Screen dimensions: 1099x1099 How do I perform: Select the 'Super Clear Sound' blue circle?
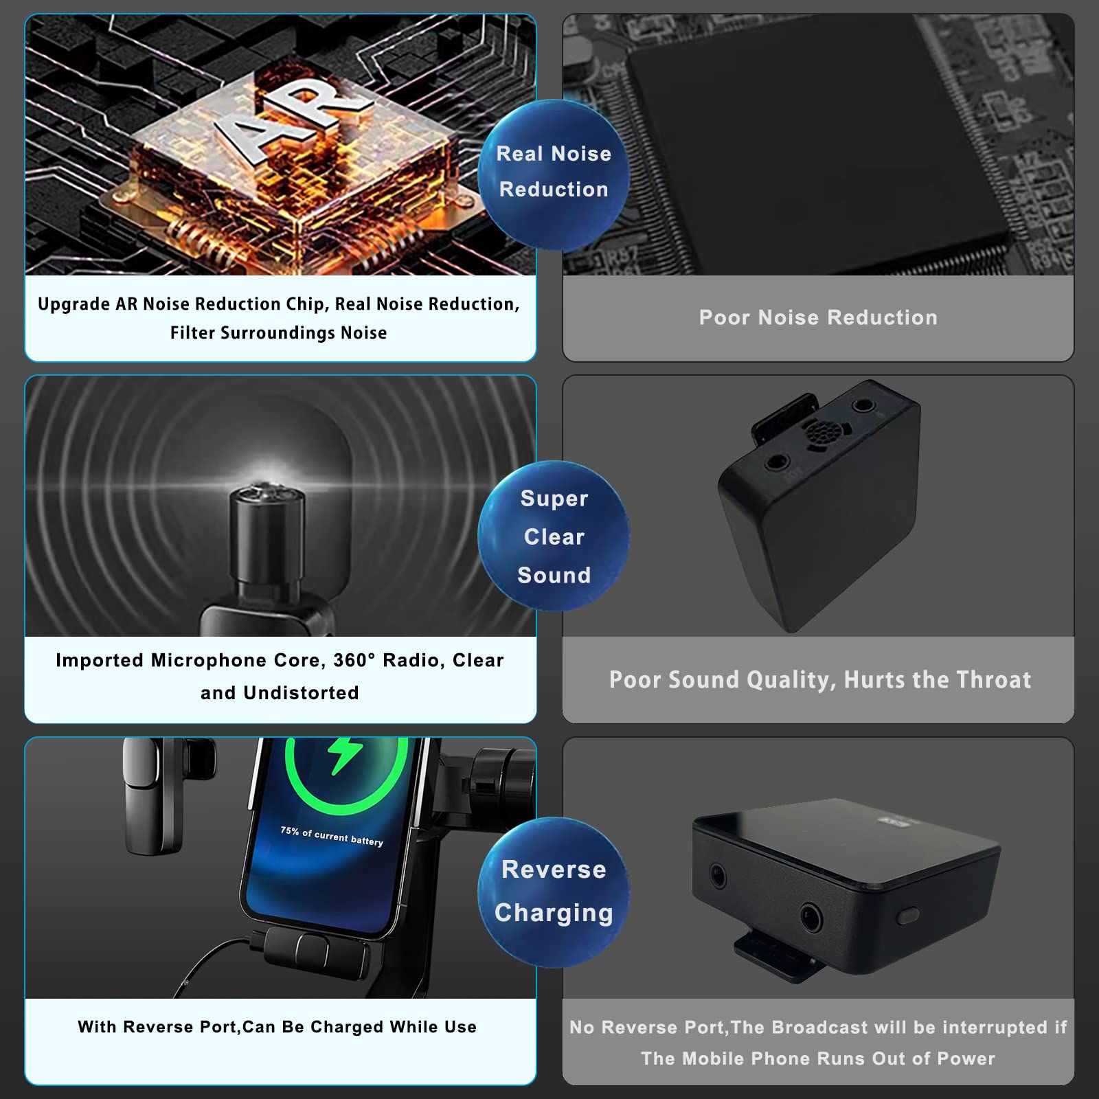tap(554, 536)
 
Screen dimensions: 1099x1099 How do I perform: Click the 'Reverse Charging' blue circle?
tap(554, 892)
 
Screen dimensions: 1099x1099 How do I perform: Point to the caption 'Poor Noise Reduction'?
tap(818, 317)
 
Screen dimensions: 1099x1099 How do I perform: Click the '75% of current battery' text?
tap(332, 836)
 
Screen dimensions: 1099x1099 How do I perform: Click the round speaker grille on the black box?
tap(824, 432)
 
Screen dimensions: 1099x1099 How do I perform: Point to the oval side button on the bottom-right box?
tap(908, 916)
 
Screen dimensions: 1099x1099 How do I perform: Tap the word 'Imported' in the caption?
tap(100, 661)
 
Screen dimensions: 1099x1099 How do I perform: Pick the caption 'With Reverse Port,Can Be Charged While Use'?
tap(277, 1027)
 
